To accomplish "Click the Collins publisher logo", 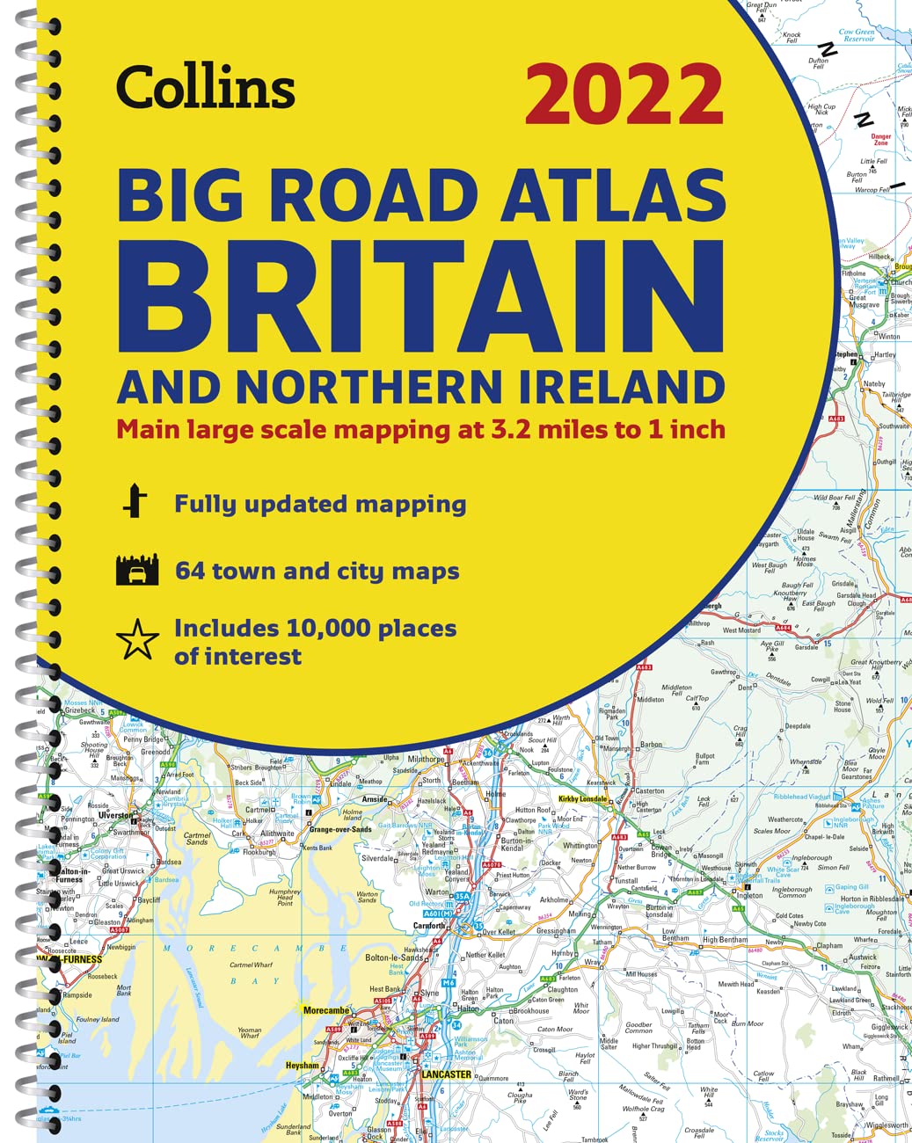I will click(x=205, y=89).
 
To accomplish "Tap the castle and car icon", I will click(x=137, y=571).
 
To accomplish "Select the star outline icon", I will click(x=138, y=641).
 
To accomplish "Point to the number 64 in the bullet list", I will click(x=190, y=571).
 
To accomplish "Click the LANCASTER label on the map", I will click(x=446, y=1074).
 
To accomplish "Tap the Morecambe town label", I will click(x=326, y=1010).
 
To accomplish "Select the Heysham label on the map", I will click(x=302, y=1066).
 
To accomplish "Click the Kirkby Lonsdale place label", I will click(x=582, y=799).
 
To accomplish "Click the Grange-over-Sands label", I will click(x=339, y=829).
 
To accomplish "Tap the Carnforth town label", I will click(x=429, y=926).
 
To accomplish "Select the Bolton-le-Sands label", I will click(x=395, y=957).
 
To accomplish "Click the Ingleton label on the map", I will click(x=749, y=896).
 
